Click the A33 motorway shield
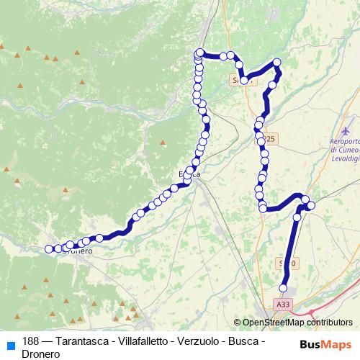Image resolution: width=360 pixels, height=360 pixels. tap(283, 305)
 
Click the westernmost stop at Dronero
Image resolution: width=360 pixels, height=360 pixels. tap(49, 249)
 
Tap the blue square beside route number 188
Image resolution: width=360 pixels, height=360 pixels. tap(10, 343)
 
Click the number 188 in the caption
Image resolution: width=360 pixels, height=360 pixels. tap(31, 342)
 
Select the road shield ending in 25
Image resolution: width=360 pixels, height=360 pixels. tap(268, 138)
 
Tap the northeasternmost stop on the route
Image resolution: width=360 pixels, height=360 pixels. tap(277, 63)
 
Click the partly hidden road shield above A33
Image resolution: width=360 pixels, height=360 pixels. tap(287, 264)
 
